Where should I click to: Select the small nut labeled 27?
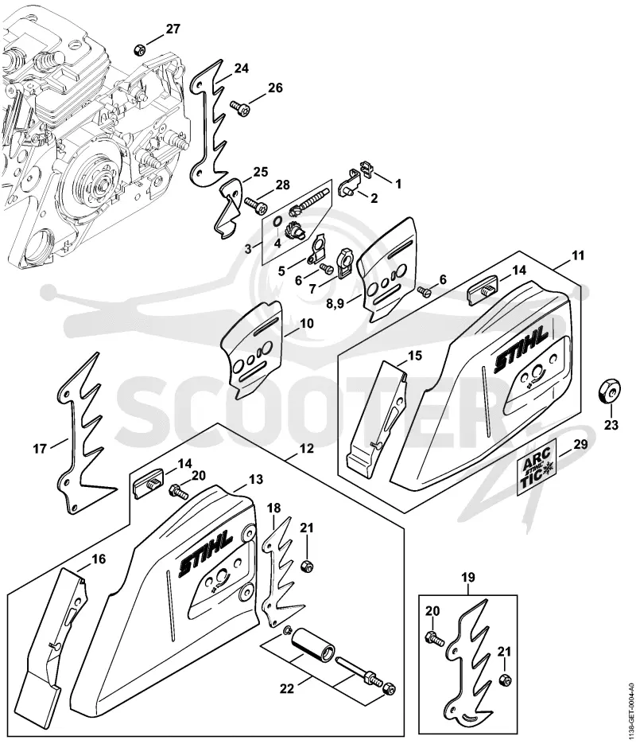[x=139, y=49]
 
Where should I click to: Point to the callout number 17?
[x=40, y=448]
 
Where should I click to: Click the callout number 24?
[x=241, y=68]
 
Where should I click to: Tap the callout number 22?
[x=287, y=688]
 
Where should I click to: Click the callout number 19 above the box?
[x=467, y=578]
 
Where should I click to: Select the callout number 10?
[x=307, y=324]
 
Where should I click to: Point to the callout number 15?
[x=415, y=356]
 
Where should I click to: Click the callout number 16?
[x=99, y=559]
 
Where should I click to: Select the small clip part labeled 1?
[x=366, y=168]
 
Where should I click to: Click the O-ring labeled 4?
[x=277, y=222]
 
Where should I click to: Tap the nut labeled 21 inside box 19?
[x=505, y=680]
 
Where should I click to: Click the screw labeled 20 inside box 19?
[x=436, y=639]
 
